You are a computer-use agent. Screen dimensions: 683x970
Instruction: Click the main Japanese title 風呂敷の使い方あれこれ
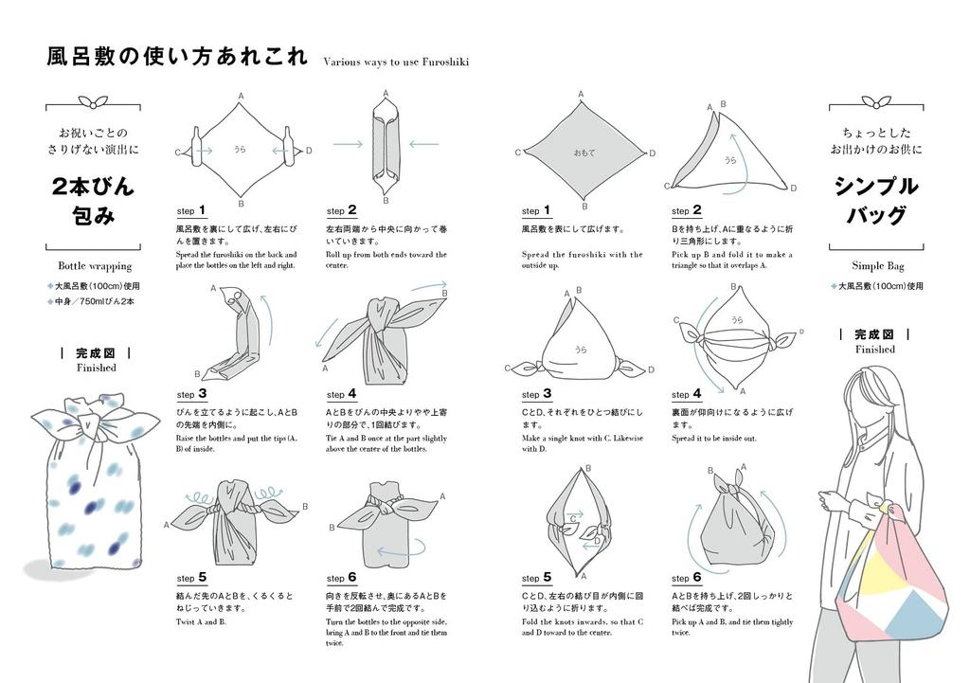[x=177, y=57]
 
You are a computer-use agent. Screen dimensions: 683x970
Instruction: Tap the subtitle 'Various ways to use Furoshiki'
[x=396, y=63]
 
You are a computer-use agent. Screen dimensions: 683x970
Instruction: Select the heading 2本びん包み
[x=95, y=201]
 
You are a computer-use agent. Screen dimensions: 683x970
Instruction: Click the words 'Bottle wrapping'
[x=95, y=266]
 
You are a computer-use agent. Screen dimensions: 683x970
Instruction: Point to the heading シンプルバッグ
[x=875, y=201]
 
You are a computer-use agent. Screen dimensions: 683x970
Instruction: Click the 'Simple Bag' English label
[x=875, y=266]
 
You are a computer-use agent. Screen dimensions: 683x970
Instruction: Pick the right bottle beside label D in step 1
[x=285, y=149]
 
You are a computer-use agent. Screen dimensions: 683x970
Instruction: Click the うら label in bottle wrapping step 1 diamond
[x=240, y=150]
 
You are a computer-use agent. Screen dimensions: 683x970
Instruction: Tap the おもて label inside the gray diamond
[x=584, y=153]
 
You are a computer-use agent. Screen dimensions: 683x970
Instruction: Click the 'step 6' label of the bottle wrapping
[x=341, y=578]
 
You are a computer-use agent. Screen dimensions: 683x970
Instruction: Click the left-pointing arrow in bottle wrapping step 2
[x=422, y=144]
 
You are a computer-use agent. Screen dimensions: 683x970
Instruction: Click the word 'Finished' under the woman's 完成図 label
[x=875, y=349]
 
